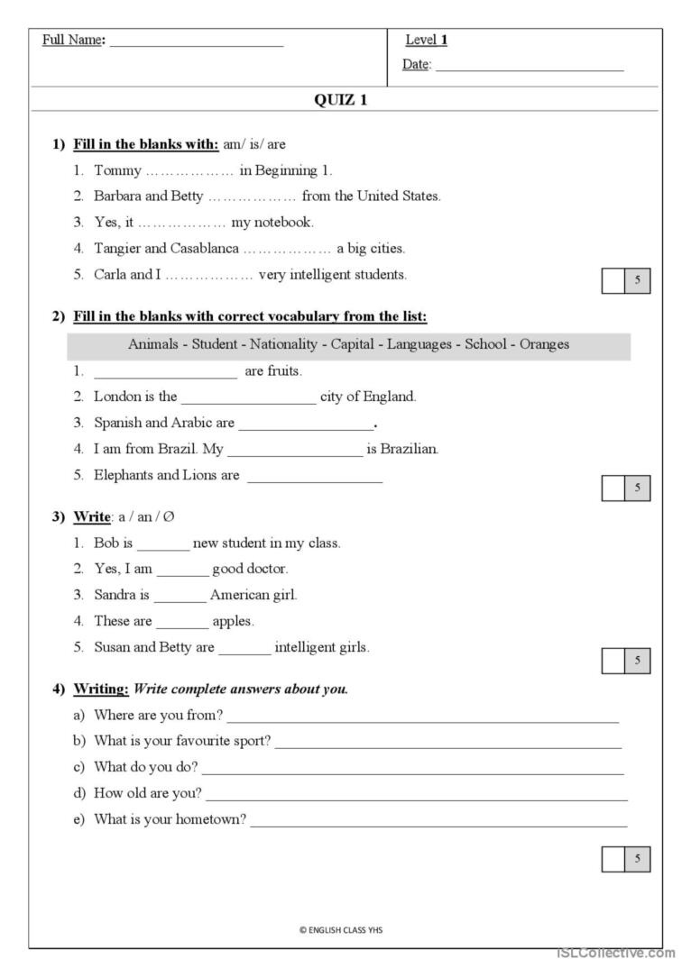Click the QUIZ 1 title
340,100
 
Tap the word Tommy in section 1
118,170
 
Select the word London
116,396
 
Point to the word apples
233,621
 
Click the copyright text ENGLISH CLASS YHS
340,929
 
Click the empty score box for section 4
613,860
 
